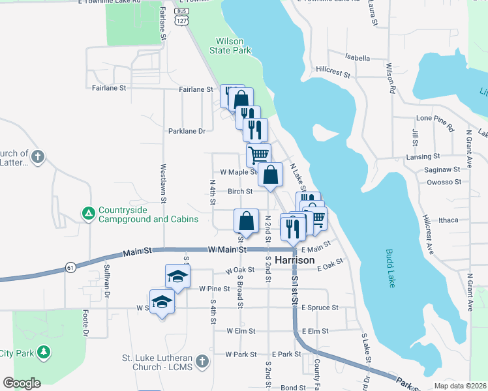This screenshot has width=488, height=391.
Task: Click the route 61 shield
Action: (x=71, y=267)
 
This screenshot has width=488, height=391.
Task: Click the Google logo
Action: (x=22, y=383)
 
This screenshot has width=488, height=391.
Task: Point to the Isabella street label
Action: (x=358, y=57)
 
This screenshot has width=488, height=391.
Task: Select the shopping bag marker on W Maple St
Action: (x=270, y=175)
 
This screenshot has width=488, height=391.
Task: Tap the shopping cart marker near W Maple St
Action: (x=258, y=155)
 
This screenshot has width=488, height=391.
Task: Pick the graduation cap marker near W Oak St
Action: (x=177, y=277)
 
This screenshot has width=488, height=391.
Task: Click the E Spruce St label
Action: (x=320, y=308)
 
